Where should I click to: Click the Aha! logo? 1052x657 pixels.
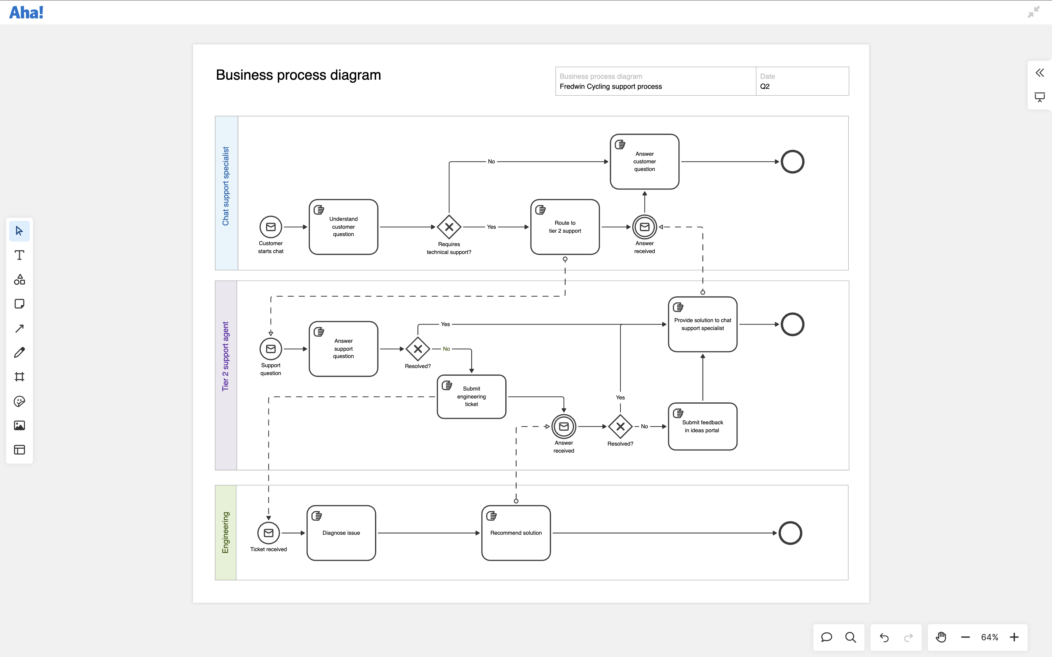pos(26,12)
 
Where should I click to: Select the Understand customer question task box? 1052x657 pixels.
pos(343,227)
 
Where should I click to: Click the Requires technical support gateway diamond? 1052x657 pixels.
pos(449,227)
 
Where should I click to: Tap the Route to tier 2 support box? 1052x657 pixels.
pos(565,227)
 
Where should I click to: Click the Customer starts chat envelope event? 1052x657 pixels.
pos(270,227)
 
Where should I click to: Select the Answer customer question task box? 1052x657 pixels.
pos(644,162)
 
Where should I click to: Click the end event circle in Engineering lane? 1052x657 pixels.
pos(790,533)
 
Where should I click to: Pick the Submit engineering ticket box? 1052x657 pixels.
pos(471,397)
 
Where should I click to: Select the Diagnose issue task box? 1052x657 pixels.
pos(341,533)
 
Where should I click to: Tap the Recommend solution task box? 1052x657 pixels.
pos(516,533)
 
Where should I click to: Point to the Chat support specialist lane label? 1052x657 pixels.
pos(226,186)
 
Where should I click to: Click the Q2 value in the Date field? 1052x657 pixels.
pos(765,86)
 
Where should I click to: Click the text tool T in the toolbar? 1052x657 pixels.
pos(19,255)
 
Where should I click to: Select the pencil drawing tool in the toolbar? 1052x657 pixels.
pos(19,353)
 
